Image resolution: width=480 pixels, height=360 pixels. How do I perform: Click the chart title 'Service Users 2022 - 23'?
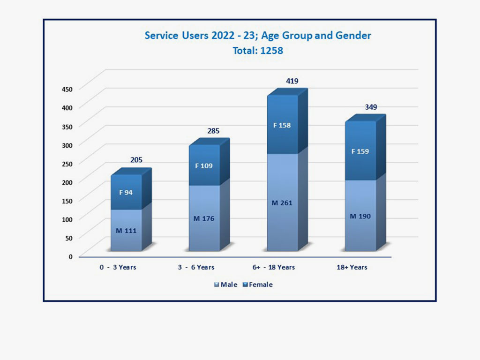257,36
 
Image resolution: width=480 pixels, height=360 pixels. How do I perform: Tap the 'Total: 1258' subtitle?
258,51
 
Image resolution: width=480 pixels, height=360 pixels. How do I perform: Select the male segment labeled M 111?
126,230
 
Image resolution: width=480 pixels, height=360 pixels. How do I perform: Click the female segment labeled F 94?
126,192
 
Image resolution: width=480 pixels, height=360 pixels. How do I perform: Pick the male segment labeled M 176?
204,218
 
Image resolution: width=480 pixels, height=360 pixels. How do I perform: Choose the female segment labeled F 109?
204,165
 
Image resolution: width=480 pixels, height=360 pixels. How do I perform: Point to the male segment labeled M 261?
282,202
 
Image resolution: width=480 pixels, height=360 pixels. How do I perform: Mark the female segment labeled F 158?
282,125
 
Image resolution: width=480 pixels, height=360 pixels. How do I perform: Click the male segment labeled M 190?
360,216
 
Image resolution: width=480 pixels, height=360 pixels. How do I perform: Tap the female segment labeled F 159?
360,151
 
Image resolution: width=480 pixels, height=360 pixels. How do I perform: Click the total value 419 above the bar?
292,81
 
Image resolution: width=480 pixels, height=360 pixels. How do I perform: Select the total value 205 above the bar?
136,160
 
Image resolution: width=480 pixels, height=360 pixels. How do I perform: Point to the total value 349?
370,107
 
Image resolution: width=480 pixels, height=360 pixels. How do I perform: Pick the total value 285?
213,131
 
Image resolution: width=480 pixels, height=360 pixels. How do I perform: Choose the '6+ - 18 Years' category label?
273,267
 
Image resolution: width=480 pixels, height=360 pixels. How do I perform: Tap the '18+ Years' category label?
352,267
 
